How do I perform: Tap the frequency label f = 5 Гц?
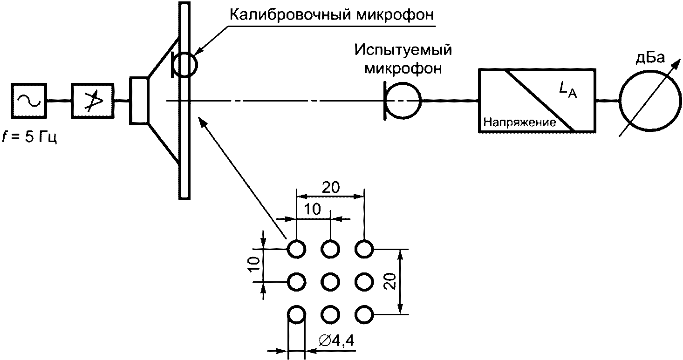(x=29, y=137)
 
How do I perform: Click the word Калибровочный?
(x=290, y=14)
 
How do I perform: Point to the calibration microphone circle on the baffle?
(x=197, y=65)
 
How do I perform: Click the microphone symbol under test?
(x=421, y=101)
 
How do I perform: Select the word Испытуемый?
(x=403, y=50)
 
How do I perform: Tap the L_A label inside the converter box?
(x=568, y=89)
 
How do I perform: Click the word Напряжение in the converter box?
(x=519, y=122)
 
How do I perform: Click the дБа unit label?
(x=650, y=58)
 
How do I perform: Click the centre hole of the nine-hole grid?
(x=330, y=282)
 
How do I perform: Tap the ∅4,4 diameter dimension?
(x=336, y=341)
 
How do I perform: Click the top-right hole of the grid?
(x=364, y=249)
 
